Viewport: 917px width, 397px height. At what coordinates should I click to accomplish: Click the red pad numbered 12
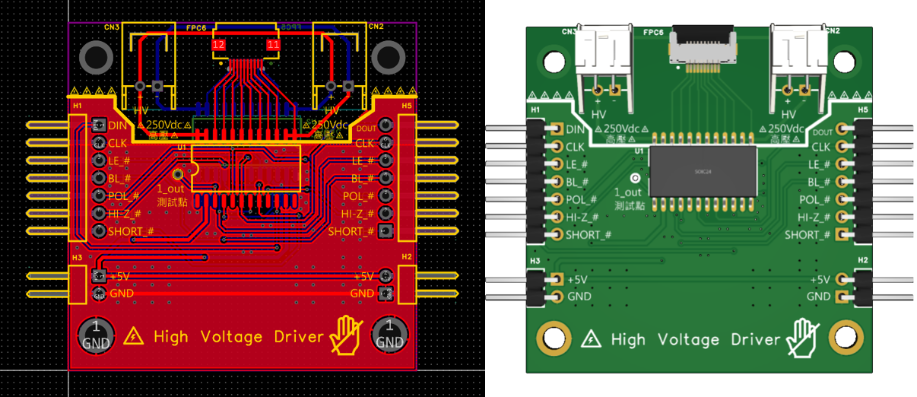218,46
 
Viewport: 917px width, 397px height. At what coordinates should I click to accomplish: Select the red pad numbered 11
273,46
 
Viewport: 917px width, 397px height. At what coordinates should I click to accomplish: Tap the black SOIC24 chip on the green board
703,172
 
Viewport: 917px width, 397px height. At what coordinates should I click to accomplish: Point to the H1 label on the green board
535,110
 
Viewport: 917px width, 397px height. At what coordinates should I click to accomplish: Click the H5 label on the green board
863,110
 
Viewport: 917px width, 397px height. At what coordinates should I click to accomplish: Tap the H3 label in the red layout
77,258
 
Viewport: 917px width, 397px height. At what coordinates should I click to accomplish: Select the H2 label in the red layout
407,258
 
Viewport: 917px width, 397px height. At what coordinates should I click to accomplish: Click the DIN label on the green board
576,129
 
